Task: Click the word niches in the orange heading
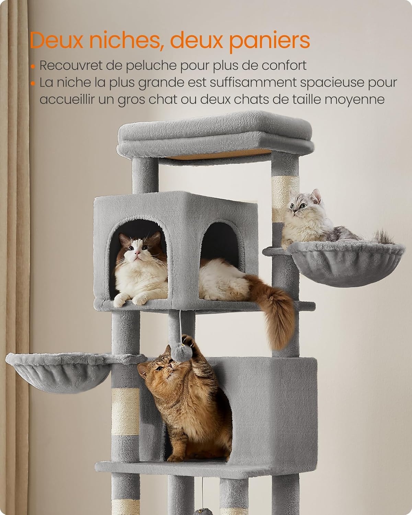[x=125, y=40]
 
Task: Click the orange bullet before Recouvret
[x=33, y=66]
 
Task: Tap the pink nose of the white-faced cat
[x=137, y=252]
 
